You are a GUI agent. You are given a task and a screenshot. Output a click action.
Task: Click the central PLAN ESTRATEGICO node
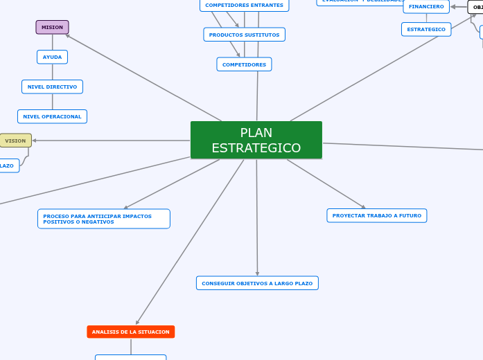point(256,140)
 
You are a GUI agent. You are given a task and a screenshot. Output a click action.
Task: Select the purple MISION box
point(52,27)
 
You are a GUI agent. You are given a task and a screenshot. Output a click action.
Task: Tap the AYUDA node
point(52,57)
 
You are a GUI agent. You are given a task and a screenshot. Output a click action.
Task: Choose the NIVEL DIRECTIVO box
point(52,87)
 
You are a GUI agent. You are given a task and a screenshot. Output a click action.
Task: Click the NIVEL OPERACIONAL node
point(52,116)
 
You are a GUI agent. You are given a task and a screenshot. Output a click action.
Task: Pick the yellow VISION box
point(15,141)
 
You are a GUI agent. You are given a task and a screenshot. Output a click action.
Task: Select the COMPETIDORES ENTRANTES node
point(244,5)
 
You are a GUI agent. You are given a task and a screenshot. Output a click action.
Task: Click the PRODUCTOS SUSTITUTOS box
point(244,35)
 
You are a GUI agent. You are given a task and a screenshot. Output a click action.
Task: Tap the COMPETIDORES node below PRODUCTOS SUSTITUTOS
point(244,64)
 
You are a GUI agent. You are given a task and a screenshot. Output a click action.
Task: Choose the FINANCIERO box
point(426,6)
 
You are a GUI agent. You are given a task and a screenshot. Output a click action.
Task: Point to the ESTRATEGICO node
point(426,29)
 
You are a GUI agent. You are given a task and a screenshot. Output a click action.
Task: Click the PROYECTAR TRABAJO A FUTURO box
point(376,215)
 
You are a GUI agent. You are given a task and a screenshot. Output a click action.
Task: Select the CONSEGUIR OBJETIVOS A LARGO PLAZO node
point(257,283)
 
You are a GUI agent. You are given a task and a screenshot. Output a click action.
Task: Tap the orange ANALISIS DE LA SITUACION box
point(130,332)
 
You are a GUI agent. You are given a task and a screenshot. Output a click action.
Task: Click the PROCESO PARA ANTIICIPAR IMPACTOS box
point(103,219)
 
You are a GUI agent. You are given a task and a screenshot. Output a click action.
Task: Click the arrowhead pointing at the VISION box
point(35,141)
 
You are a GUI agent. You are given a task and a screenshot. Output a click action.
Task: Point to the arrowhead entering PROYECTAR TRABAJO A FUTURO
point(363,206)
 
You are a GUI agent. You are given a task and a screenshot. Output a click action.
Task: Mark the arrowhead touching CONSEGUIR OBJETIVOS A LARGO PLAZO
point(257,273)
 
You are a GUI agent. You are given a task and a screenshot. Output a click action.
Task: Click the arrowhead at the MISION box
point(67,35)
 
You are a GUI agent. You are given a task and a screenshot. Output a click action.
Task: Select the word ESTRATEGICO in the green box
point(256,148)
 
